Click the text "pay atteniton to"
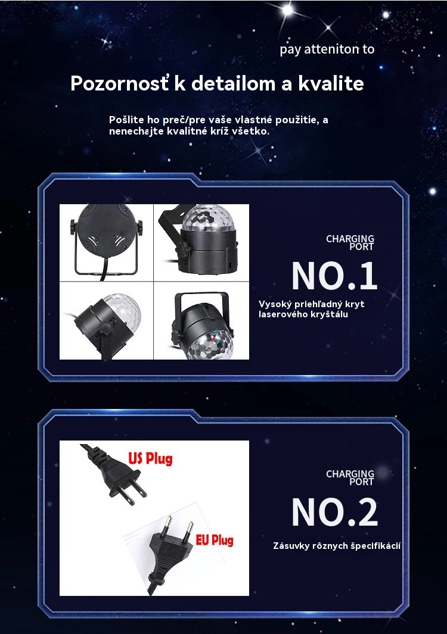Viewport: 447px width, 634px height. (x=327, y=49)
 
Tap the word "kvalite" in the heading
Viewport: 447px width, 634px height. (x=331, y=83)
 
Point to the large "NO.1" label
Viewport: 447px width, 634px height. (x=334, y=276)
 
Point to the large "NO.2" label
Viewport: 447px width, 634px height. (x=334, y=512)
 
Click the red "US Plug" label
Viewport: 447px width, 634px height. (x=151, y=459)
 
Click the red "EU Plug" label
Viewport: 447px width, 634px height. (x=215, y=540)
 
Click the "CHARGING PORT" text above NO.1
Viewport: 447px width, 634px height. (x=350, y=243)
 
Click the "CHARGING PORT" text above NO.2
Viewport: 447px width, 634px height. (x=350, y=477)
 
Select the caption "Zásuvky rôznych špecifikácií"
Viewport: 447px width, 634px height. (x=337, y=546)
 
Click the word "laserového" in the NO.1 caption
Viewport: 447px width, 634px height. (x=281, y=314)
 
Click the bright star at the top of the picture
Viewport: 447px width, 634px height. (x=287, y=10)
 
